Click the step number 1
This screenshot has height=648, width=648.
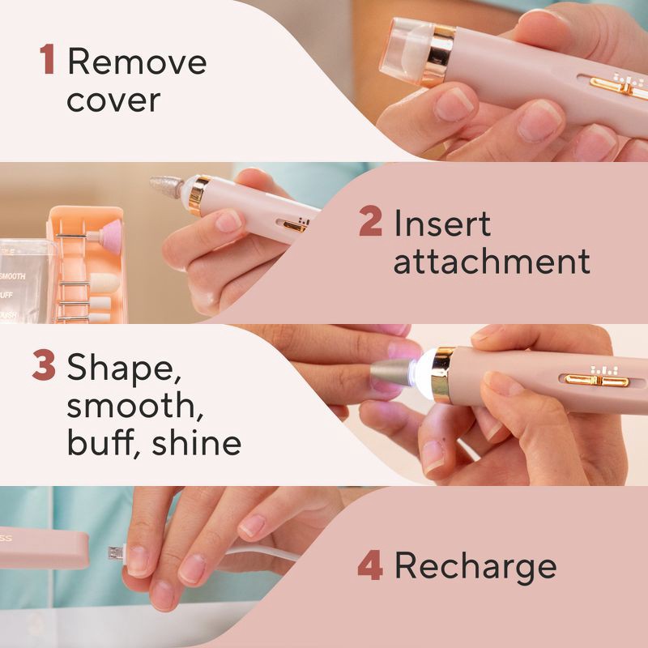click(x=48, y=62)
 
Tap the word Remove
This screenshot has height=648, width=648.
click(x=137, y=62)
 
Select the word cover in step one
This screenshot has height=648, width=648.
click(x=113, y=100)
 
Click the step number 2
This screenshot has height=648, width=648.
click(x=370, y=224)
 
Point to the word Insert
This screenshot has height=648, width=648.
click(x=442, y=224)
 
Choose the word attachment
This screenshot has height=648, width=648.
click(x=492, y=262)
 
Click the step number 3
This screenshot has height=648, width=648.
click(x=44, y=366)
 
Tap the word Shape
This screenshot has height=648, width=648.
click(x=124, y=369)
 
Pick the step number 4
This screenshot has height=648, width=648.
click(x=369, y=566)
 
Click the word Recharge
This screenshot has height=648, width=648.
click(x=475, y=566)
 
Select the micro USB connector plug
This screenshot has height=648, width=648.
click(x=117, y=553)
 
